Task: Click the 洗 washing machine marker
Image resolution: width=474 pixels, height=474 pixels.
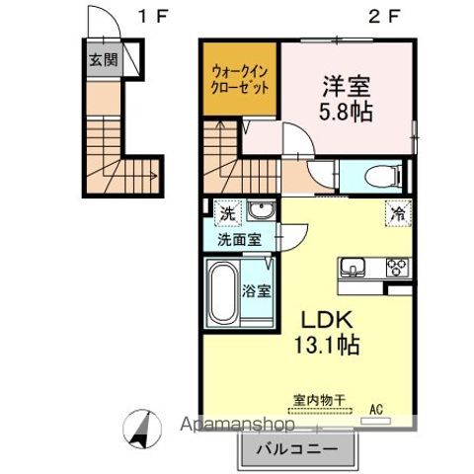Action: point(228,212)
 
